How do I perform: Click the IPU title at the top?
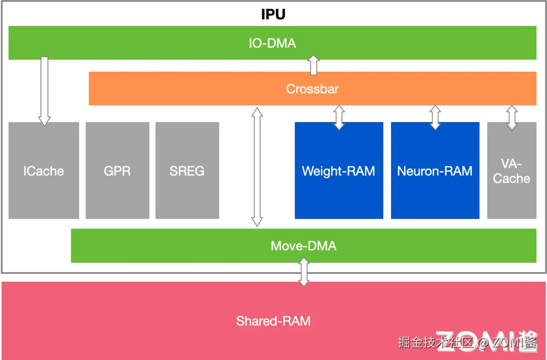(273, 14)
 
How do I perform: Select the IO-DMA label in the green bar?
(272, 43)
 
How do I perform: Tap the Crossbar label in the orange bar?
(312, 89)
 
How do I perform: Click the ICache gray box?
(44, 171)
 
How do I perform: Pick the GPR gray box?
(117, 171)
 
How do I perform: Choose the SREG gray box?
(187, 171)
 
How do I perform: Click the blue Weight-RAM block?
(338, 171)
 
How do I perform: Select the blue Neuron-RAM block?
(435, 171)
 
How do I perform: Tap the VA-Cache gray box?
(512, 171)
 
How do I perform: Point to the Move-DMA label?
(303, 246)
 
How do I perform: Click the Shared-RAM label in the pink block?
(273, 321)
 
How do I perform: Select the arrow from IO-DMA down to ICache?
(45, 91)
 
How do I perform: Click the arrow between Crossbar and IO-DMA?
(314, 65)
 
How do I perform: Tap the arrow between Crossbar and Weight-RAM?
(339, 117)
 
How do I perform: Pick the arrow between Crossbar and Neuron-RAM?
(435, 117)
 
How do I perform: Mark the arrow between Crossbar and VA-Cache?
(512, 117)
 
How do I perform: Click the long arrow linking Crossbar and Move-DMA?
(257, 167)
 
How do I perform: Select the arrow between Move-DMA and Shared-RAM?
(304, 272)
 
